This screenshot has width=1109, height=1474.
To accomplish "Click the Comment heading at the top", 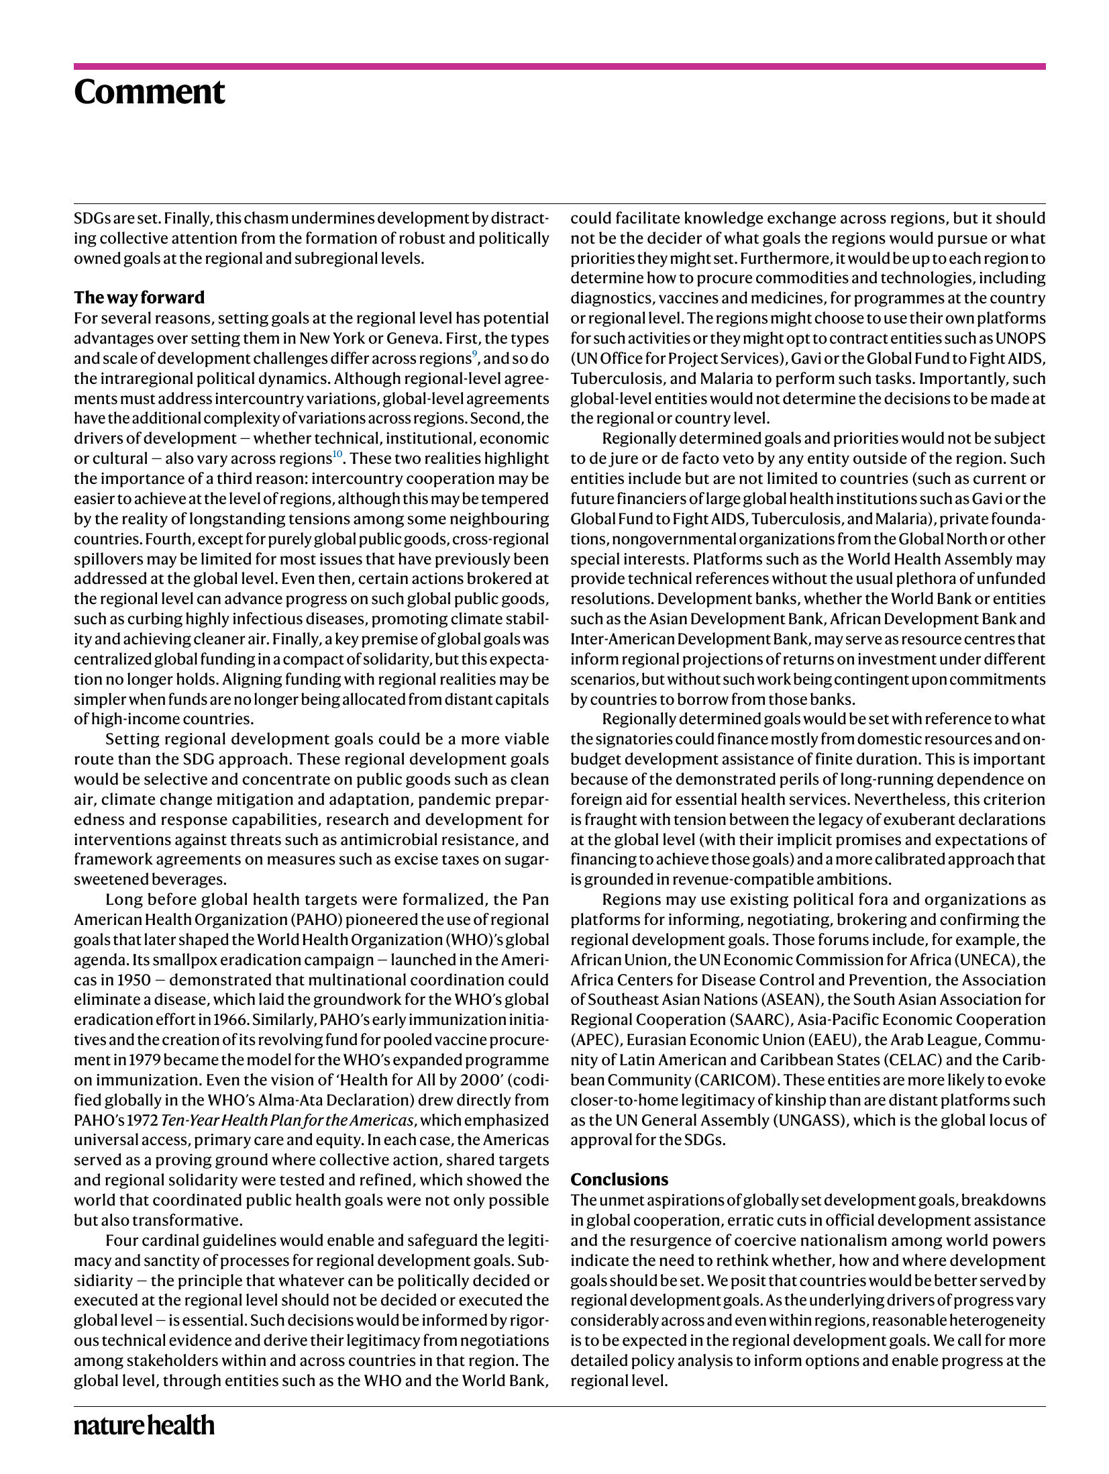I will point(149,92).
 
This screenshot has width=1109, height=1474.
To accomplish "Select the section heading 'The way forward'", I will point(139,297).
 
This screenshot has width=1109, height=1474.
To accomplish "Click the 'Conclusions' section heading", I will point(619,1179).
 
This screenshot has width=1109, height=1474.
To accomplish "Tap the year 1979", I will point(144,1059).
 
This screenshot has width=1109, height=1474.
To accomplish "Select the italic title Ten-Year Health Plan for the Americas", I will point(287,1120).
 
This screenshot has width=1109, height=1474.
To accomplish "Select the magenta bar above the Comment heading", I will point(560,66).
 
